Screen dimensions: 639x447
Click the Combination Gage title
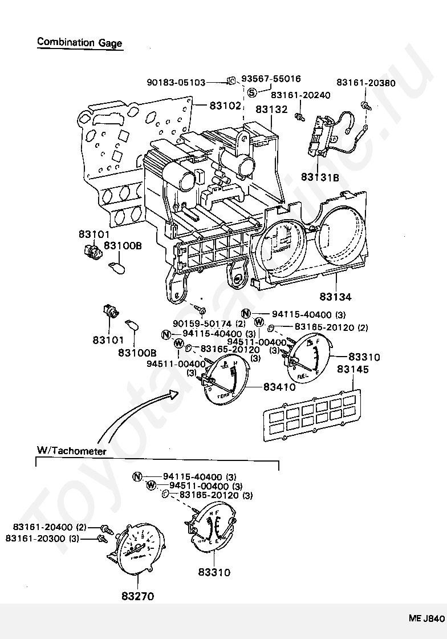point(79,42)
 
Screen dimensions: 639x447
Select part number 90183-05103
point(176,82)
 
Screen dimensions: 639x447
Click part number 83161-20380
point(365,83)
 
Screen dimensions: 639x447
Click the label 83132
point(271,109)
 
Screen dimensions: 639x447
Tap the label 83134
point(335,297)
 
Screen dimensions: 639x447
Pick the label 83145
point(352,370)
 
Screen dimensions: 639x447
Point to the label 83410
point(279,387)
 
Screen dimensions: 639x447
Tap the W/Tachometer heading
point(72,451)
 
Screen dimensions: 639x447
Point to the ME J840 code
point(425,618)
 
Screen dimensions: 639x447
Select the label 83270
point(137,596)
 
